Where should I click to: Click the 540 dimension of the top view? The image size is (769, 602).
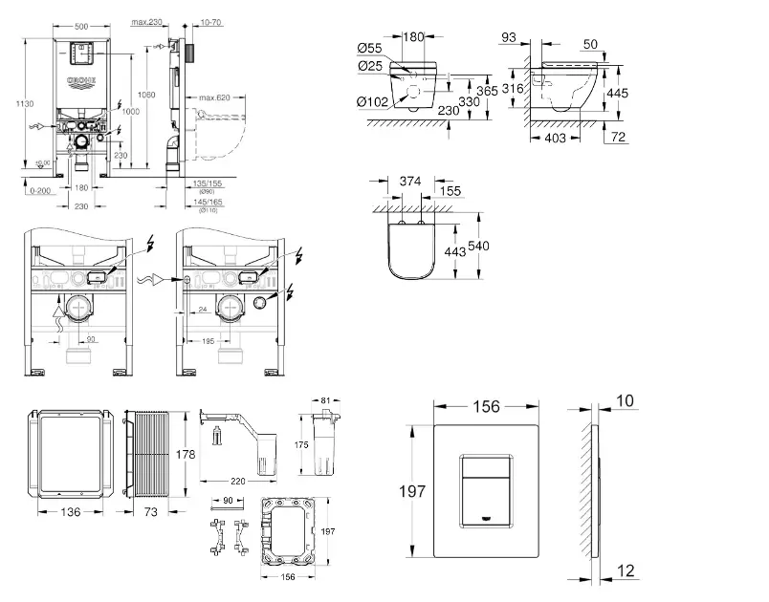point(481,246)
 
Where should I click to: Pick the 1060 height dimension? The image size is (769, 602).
point(147,95)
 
